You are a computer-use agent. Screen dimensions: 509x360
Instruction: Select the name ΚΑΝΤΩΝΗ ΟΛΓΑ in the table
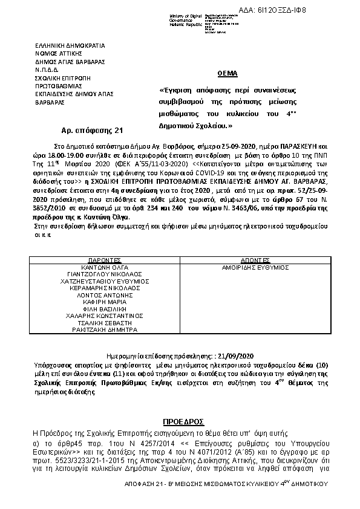point(101,266)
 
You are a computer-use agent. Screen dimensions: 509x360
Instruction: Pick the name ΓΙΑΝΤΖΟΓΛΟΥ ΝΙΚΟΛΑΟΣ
point(101,274)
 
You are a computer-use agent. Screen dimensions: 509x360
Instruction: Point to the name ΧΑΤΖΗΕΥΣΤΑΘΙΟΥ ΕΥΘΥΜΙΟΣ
point(101,282)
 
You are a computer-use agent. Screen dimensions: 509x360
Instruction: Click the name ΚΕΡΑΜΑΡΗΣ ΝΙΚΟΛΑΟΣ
point(101,290)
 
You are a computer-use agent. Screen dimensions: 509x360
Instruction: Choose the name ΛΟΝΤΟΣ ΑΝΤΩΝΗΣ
point(101,298)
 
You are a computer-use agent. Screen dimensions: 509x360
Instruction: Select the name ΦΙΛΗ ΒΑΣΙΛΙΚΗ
point(101,314)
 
